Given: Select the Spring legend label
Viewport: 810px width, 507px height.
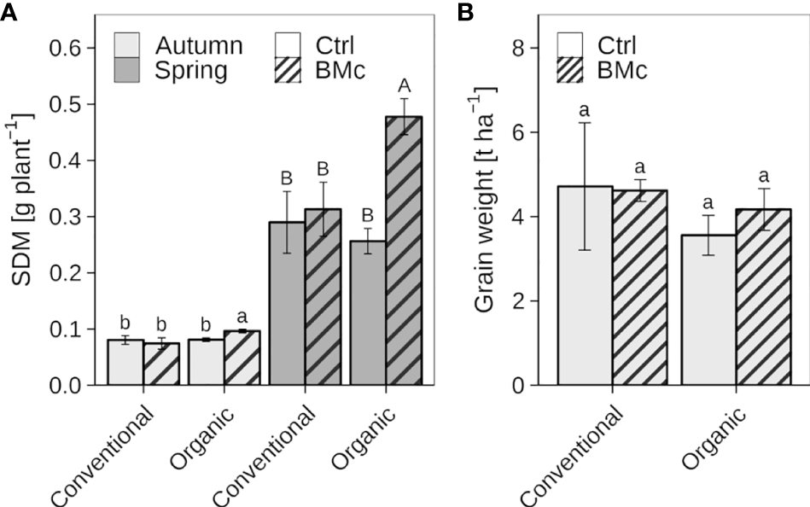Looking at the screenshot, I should point(192,70).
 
